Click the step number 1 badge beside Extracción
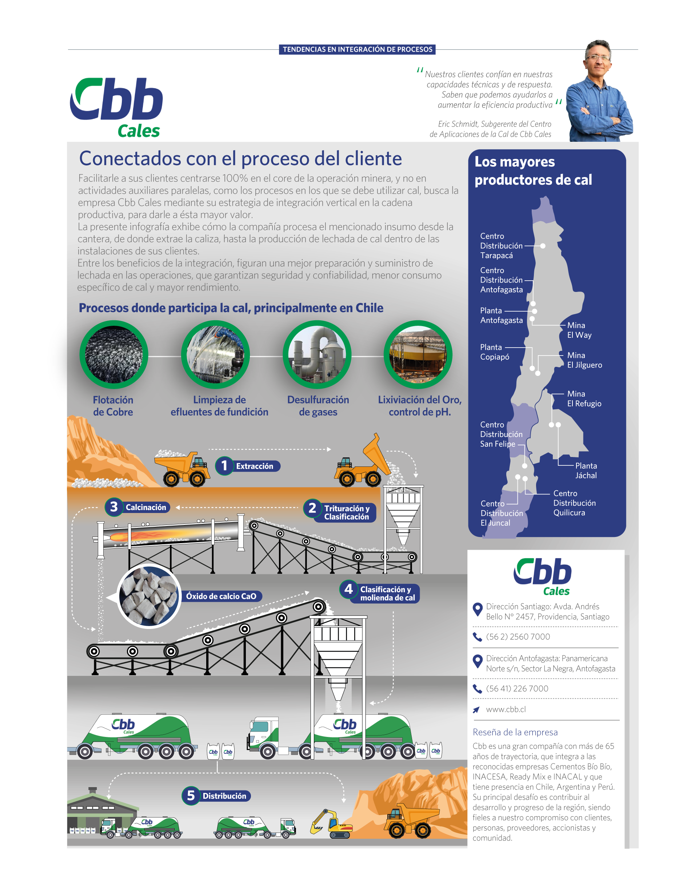224,465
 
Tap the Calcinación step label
146,507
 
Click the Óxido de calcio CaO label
221,596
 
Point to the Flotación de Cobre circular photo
113,354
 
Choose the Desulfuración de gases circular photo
317,354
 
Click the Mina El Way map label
579,330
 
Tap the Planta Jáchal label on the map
586,470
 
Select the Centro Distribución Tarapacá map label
501,246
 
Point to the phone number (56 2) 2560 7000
518,637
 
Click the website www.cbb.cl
506,709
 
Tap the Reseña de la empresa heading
515,732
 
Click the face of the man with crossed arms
598,58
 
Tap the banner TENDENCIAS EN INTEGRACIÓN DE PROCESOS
357,49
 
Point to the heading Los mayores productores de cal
533,171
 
